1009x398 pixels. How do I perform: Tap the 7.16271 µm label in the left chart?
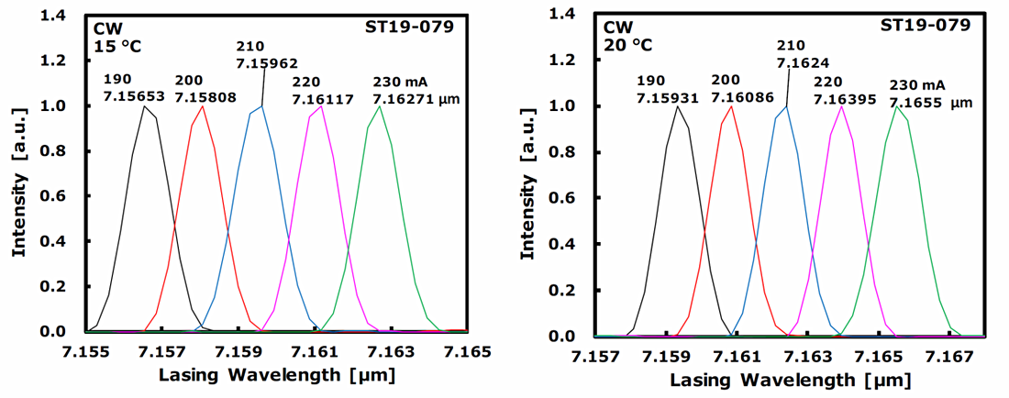tap(416, 98)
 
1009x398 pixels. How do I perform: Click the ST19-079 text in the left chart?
tap(418, 26)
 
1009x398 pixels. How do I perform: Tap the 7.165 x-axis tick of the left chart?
tap(468, 352)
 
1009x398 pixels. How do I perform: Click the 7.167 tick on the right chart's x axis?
tap(950, 356)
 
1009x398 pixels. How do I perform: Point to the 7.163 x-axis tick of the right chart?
tap(808, 356)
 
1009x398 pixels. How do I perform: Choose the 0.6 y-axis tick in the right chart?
tap(579, 198)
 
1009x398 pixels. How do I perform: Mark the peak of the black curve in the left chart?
tap(144, 106)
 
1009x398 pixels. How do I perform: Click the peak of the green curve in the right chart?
tap(897, 106)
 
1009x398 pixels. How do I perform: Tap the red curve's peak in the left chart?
tap(202, 106)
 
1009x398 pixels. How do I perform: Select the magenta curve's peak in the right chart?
tap(841, 106)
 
